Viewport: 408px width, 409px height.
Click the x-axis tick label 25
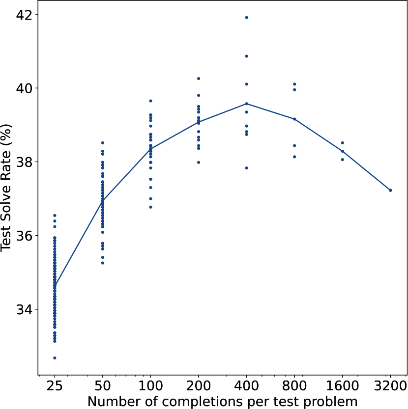click(55, 386)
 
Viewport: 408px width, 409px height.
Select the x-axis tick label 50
click(102, 386)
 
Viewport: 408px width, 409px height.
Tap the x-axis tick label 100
click(150, 386)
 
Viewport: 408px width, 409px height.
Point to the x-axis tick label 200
click(198, 386)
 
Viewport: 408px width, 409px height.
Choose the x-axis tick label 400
click(246, 386)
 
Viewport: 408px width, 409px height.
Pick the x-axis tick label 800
click(294, 386)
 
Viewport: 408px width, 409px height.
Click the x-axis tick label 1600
click(342, 386)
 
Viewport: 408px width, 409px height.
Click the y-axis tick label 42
click(23, 15)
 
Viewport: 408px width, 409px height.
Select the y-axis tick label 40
click(23, 88)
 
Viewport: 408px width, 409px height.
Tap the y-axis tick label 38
click(23, 162)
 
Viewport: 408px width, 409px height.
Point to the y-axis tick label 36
click(23, 236)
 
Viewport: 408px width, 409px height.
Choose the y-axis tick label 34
click(23, 309)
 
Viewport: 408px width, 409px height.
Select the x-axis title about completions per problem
click(222, 401)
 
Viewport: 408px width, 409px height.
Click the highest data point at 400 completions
click(246, 17)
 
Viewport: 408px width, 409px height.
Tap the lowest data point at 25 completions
click(55, 358)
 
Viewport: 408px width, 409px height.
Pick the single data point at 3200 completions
click(390, 190)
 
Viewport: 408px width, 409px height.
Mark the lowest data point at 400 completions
click(246, 168)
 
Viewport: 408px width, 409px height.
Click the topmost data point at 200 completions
click(198, 79)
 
